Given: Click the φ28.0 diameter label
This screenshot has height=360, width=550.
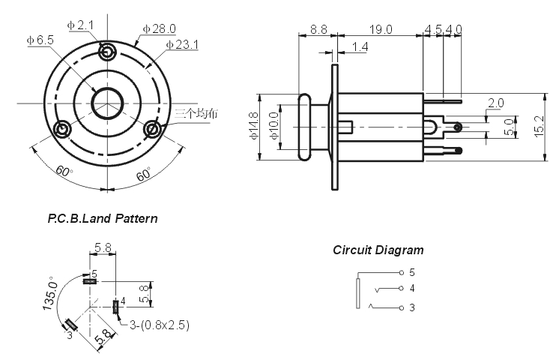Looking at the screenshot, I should click(157, 28).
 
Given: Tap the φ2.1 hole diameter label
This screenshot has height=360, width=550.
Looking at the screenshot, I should click(80, 25).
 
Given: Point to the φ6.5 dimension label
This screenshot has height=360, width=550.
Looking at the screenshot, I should click(39, 40).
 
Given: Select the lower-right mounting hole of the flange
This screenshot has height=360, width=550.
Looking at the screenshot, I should click(153, 129).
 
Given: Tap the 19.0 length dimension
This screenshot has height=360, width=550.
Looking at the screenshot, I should click(381, 29).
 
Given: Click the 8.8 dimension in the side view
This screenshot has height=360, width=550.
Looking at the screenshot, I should click(318, 29).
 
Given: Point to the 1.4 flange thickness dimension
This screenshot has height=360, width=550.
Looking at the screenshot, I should click(359, 47).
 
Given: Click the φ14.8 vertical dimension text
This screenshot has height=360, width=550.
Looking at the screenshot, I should click(254, 125).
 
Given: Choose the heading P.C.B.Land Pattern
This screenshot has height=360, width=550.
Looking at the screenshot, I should click(102, 219).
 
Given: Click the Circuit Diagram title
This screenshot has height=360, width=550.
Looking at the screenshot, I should click(378, 250).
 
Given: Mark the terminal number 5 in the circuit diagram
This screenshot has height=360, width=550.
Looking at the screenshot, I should click(412, 272).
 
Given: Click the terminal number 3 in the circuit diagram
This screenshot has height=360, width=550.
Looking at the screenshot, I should click(412, 307).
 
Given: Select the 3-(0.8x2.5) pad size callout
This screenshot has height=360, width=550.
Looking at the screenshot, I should click(160, 325).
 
